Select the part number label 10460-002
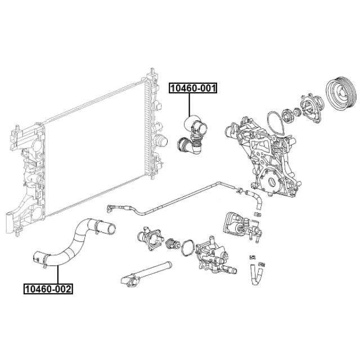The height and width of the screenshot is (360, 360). [x=47, y=289]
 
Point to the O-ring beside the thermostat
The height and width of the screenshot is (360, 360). [x=187, y=248]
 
